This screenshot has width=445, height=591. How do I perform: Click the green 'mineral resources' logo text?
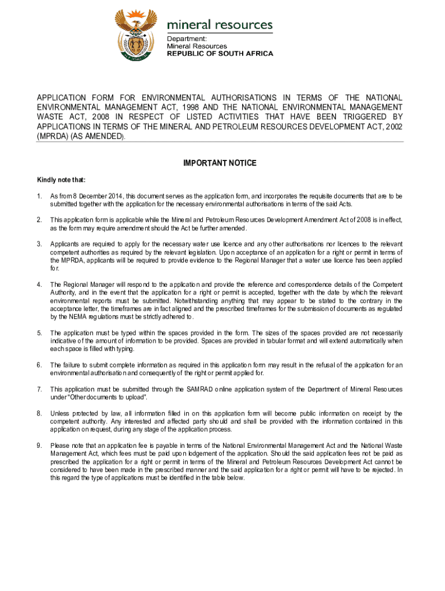[x=220, y=25]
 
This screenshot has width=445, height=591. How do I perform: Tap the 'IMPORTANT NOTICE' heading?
[x=220, y=163]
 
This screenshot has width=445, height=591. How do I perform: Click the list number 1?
[x=39, y=196]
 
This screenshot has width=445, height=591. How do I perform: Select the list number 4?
[x=39, y=285]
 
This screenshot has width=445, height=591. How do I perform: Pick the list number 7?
[x=39, y=390]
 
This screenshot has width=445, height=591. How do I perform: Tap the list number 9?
[x=39, y=445]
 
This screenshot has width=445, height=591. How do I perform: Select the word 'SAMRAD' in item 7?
[x=198, y=390]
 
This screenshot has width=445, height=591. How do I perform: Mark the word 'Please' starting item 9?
[x=59, y=445]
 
